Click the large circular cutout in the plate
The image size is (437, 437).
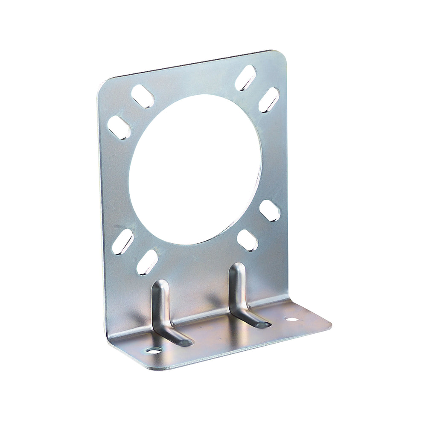pyautogui.click(x=195, y=169)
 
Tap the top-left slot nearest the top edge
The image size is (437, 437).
pyautogui.click(x=143, y=96)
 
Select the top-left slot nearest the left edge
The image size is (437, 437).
pyautogui.click(x=119, y=127)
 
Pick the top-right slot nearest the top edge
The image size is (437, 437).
pyautogui.click(x=245, y=78)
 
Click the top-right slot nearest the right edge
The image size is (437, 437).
pyautogui.click(x=269, y=100)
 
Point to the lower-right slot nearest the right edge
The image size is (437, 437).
pyautogui.click(x=270, y=210)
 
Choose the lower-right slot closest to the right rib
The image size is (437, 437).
pyautogui.click(x=247, y=240)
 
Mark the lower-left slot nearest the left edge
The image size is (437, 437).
pyautogui.click(x=123, y=242)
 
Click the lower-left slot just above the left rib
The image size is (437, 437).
pyautogui.click(x=147, y=262)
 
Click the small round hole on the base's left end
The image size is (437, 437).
pyautogui.click(x=154, y=350)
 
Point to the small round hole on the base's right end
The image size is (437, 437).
pyautogui.click(x=291, y=319)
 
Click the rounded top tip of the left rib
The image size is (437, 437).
pyautogui.click(x=161, y=283)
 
